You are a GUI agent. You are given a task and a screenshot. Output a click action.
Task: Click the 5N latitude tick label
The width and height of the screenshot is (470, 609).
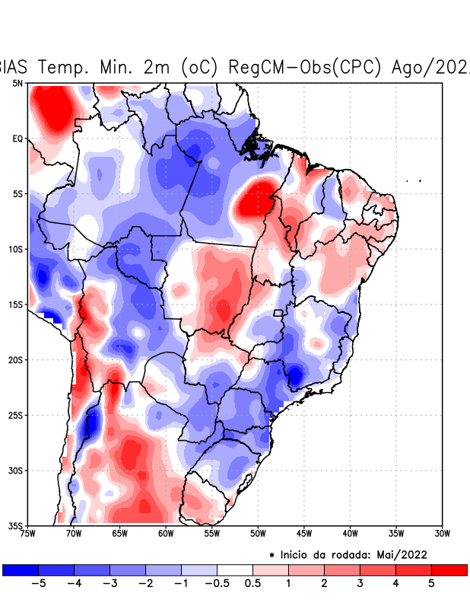point(17,83)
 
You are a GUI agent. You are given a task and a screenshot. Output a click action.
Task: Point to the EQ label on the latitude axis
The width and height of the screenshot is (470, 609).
point(17,139)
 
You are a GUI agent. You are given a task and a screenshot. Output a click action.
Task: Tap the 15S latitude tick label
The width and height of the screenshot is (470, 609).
point(16,304)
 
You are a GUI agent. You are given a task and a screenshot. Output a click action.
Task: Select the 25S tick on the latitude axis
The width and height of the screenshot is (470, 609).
point(16,415)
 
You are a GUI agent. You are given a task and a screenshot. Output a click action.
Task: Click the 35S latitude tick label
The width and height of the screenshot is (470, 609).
point(16,525)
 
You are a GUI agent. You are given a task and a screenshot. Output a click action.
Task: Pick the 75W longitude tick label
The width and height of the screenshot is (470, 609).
point(28,533)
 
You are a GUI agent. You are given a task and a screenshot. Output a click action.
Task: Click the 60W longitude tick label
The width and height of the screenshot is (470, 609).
point(166,533)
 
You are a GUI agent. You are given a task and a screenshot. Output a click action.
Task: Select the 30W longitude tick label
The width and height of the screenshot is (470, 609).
point(442,533)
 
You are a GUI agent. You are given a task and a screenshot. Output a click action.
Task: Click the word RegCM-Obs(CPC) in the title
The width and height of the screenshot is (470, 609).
point(304,67)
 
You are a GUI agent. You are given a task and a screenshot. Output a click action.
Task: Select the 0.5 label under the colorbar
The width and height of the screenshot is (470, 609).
point(253,583)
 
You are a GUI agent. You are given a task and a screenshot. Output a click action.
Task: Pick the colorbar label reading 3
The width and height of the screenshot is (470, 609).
point(360,583)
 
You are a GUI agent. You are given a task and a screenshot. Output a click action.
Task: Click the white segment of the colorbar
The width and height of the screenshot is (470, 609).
point(235,569)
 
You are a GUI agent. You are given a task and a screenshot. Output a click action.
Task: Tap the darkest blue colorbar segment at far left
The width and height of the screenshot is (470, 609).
point(21,569)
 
